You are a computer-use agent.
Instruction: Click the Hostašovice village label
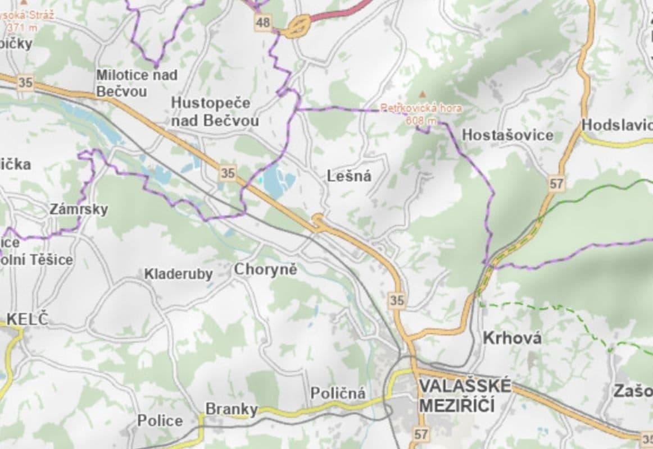click(x=507, y=135)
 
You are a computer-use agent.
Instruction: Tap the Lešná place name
click(x=349, y=176)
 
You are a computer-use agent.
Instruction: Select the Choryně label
click(x=265, y=269)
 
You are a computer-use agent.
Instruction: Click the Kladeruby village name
click(x=179, y=274)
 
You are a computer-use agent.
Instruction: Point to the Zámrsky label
click(x=79, y=209)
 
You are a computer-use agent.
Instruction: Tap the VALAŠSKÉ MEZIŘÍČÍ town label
click(x=465, y=396)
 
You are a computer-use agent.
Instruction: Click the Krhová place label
click(x=513, y=338)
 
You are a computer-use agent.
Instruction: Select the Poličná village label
click(x=338, y=393)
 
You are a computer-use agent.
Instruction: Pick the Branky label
click(x=231, y=409)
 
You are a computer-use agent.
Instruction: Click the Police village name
click(x=160, y=420)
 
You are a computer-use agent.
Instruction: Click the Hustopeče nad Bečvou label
click(x=215, y=112)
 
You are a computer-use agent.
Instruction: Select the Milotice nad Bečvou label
click(x=137, y=83)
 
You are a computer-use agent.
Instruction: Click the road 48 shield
click(x=262, y=22)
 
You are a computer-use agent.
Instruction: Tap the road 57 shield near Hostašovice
click(x=556, y=183)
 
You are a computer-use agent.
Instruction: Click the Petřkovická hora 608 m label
click(x=421, y=113)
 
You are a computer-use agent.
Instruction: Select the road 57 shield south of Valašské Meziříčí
click(x=421, y=433)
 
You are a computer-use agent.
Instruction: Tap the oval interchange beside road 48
click(x=300, y=25)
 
